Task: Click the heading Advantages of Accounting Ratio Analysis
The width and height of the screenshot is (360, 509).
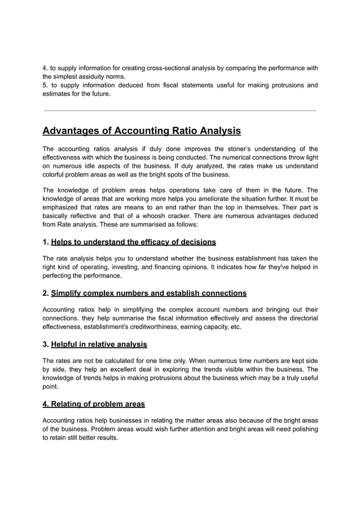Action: pyautogui.click(x=142, y=131)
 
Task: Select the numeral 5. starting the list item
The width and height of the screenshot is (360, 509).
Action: pyautogui.click(x=46, y=85)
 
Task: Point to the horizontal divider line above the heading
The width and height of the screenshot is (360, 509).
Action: pyautogui.click(x=180, y=111)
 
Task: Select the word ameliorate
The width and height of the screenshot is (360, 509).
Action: pyautogui.click(x=206, y=199)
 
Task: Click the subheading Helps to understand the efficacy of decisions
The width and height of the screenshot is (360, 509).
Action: pyautogui.click(x=133, y=242)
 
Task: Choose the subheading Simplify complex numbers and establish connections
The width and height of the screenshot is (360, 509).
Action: pyautogui.click(x=148, y=293)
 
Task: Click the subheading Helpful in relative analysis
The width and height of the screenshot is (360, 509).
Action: pyautogui.click(x=99, y=344)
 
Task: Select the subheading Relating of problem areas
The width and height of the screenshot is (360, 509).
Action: pyautogui.click(x=94, y=403)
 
